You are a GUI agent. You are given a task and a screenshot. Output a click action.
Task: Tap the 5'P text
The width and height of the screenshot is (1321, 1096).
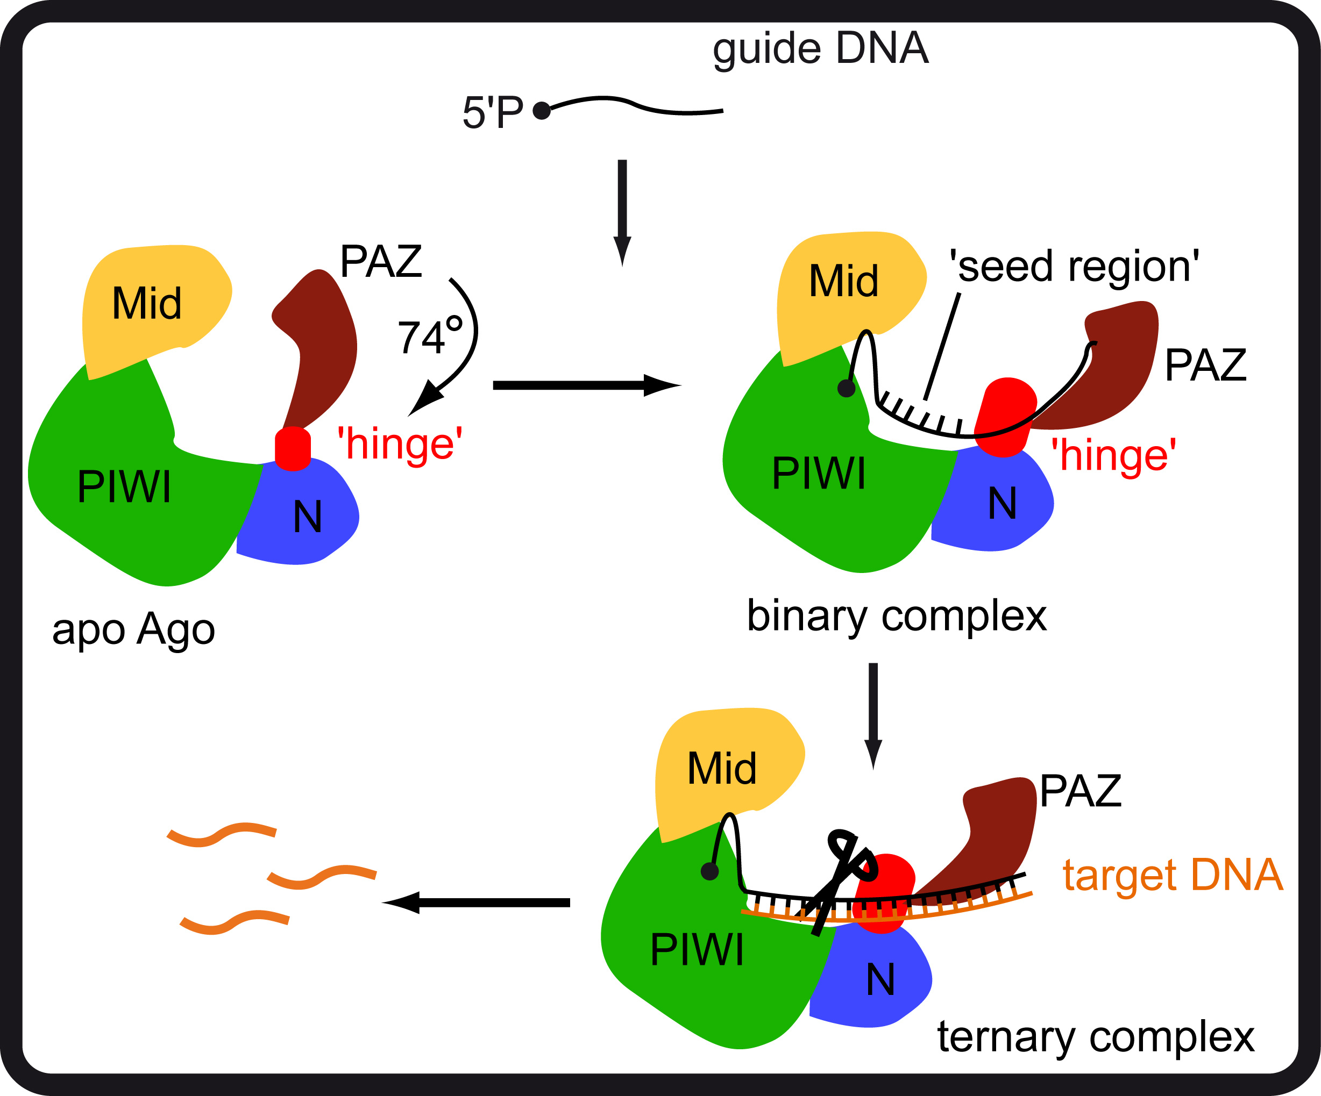tap(493, 112)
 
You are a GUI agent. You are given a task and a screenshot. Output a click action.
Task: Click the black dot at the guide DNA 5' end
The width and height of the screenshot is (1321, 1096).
tap(542, 111)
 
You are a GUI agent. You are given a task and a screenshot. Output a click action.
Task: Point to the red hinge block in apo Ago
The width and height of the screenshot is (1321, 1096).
tap(293, 448)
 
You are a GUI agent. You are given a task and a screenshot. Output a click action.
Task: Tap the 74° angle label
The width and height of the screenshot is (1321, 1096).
tap(430, 336)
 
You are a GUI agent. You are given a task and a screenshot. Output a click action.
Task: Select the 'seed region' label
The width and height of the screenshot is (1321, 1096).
tap(1074, 267)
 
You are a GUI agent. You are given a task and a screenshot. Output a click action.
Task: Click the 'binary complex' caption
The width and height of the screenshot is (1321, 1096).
tap(897, 615)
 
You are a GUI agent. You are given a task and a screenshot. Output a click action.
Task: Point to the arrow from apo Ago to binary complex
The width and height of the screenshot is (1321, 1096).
tap(585, 385)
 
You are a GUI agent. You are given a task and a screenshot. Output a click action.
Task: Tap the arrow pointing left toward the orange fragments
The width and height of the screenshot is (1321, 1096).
tap(478, 902)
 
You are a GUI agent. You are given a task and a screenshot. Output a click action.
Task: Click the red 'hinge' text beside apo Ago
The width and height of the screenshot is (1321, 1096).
tap(400, 444)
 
